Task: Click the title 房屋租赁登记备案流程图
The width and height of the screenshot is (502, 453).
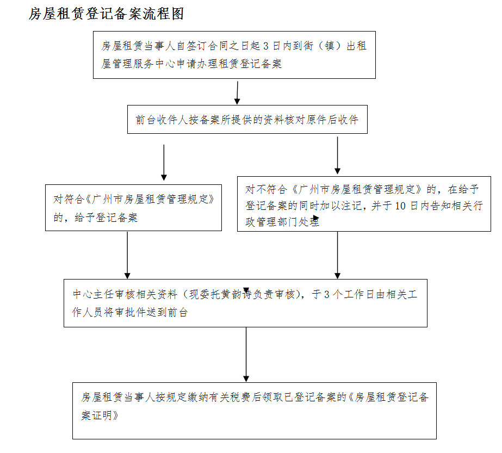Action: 106,15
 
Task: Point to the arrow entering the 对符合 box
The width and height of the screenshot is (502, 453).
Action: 164,163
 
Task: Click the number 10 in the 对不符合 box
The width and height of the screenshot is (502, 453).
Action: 401,206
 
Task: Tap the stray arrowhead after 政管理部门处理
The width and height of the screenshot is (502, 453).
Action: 315,219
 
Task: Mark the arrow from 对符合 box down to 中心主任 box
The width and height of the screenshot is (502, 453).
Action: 127,256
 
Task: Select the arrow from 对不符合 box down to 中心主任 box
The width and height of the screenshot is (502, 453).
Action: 337,256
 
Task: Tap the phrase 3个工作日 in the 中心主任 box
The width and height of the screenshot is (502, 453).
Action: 348,295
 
